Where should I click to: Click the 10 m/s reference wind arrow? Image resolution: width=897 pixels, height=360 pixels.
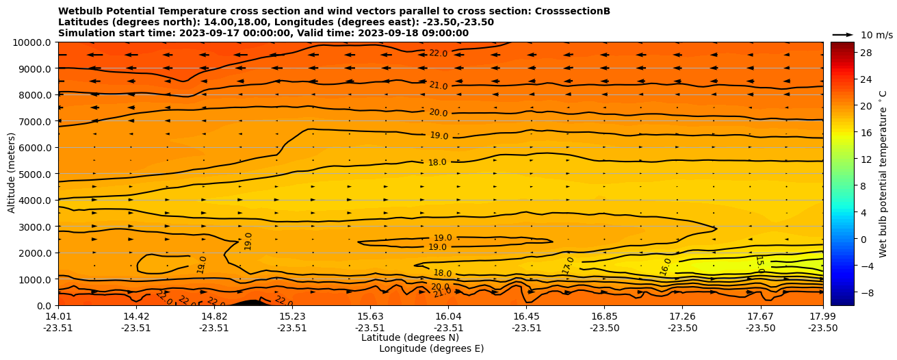click(843, 34)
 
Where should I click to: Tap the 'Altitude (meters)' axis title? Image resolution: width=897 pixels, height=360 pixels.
click(12, 174)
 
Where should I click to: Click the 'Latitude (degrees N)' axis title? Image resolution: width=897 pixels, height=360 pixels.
click(410, 337)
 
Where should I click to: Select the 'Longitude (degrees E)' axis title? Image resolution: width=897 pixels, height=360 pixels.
click(431, 348)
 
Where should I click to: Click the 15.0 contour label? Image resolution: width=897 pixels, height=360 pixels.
click(759, 264)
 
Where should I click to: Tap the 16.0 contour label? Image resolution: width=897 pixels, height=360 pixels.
click(666, 266)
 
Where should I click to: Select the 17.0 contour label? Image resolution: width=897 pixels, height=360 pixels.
click(568, 266)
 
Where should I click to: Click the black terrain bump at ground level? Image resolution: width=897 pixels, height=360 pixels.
click(247, 303)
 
